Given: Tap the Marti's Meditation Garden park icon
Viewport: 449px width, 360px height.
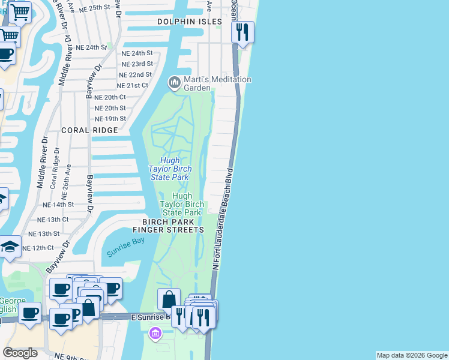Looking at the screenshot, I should pyautogui.click(x=175, y=82).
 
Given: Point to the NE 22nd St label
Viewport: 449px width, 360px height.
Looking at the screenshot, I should pyautogui.click(x=135, y=74).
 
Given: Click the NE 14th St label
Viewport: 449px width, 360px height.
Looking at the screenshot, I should pyautogui.click(x=58, y=205).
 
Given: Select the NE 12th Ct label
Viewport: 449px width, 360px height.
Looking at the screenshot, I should pyautogui.click(x=38, y=248).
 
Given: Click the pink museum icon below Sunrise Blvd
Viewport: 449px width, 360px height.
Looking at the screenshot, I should pyautogui.click(x=155, y=333).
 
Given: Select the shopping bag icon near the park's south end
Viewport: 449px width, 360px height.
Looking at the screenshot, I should pyautogui.click(x=169, y=298).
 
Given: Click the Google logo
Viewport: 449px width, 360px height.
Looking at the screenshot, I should pyautogui.click(x=20, y=353).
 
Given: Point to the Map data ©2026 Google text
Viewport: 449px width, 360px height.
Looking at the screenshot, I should pyautogui.click(x=412, y=355).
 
